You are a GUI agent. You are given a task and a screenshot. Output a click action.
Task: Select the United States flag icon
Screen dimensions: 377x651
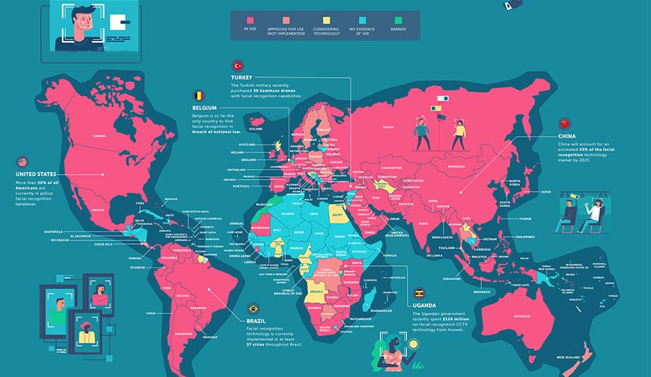tap(22, 161)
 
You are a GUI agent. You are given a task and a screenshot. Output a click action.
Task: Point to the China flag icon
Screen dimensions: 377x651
tap(564, 124)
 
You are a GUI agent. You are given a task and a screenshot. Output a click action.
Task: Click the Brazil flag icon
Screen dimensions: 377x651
tap(252, 308)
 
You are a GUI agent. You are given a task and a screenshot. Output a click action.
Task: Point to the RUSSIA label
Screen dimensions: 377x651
tap(388, 127)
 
